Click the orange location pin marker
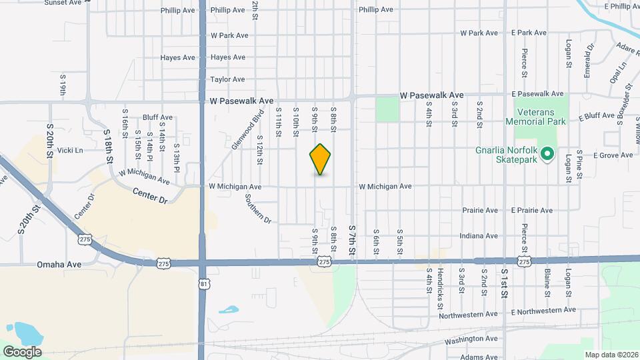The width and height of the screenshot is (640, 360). click(x=321, y=159)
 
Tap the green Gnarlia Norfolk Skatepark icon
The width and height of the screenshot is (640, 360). click(x=548, y=154)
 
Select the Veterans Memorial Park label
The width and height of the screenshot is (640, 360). click(x=535, y=117)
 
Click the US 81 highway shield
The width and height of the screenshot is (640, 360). click(x=205, y=283)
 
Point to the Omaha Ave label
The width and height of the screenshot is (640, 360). click(x=59, y=264)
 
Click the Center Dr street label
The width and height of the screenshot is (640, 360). click(x=147, y=195)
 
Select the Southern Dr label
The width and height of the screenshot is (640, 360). click(x=258, y=209)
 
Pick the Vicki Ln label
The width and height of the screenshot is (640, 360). click(x=70, y=151)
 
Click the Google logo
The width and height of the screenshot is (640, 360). click(x=23, y=351)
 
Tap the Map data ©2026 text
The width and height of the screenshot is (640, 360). click(x=611, y=354)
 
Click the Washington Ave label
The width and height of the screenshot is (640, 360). click(x=471, y=339)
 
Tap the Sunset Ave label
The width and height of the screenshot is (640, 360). click(x=63, y=3)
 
